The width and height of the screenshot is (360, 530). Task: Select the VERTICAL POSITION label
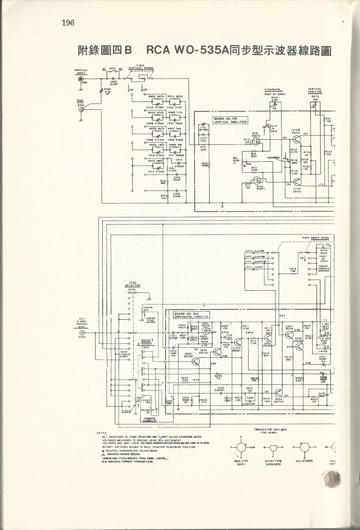[x=315, y=90]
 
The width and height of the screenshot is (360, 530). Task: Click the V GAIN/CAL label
[x=273, y=89]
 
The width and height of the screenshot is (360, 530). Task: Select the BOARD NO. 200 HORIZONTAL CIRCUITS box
[x=189, y=315]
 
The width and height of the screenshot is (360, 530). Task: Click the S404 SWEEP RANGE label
[x=315, y=237]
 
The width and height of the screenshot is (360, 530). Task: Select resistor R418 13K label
[x=293, y=270]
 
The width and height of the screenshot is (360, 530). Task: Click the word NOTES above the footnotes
[x=101, y=432]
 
